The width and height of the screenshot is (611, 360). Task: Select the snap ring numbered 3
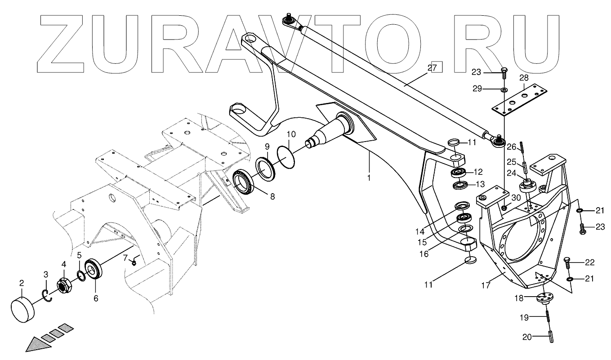pyautogui.click(x=48, y=297)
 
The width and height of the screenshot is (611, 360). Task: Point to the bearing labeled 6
pyautogui.click(x=94, y=271)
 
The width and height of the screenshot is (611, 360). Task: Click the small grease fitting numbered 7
pyautogui.click(x=134, y=262)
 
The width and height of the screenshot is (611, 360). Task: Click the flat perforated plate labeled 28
pyautogui.click(x=521, y=99)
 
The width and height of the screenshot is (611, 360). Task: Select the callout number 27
pyautogui.click(x=432, y=67)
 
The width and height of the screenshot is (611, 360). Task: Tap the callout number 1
pyautogui.click(x=369, y=178)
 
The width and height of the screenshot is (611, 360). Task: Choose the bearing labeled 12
pyautogui.click(x=458, y=172)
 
